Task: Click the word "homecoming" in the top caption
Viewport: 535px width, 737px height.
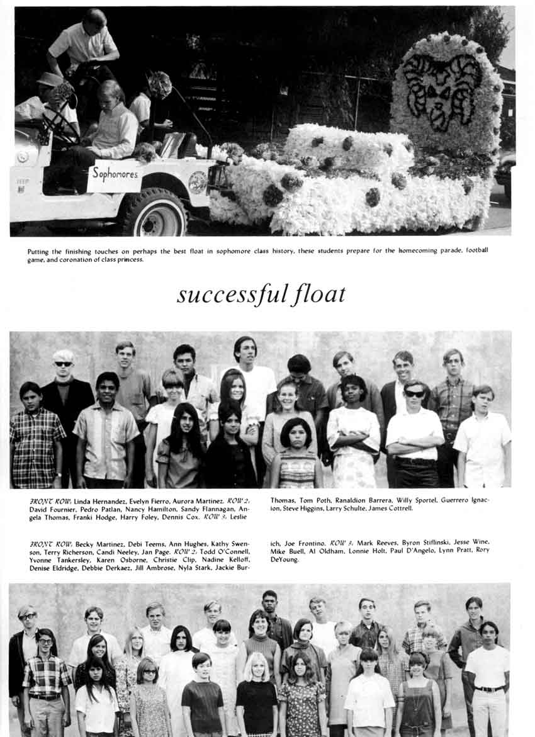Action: coord(419,250)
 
